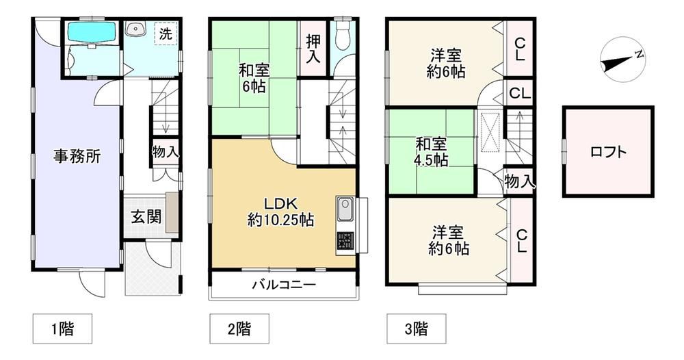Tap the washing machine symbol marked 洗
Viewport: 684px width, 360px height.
click(166, 33)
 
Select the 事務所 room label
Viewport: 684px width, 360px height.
click(77, 156)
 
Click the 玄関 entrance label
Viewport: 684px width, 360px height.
click(146, 216)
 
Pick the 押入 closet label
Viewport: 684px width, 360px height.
click(313, 49)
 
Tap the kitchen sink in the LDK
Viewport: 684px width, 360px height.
click(346, 209)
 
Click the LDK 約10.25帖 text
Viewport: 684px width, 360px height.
click(280, 212)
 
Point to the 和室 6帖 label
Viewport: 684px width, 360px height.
click(254, 78)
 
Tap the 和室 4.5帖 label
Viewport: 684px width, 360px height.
click(431, 152)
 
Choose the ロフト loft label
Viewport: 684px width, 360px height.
click(608, 152)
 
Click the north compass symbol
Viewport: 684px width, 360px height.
click(622, 60)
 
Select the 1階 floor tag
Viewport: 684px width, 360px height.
click(62, 328)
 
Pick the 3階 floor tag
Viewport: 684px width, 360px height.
click(416, 328)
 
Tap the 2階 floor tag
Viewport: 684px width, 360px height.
click(239, 328)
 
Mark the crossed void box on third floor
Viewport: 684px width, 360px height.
click(490, 132)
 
